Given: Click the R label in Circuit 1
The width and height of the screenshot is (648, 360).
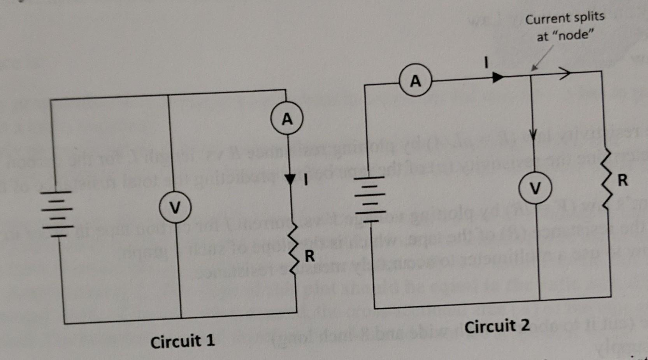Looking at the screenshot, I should (x=309, y=256).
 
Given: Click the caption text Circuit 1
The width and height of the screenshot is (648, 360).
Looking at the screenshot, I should (x=182, y=341).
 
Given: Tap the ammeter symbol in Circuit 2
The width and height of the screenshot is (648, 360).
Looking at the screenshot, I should (x=415, y=81).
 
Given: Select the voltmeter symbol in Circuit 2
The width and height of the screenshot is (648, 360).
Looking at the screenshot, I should (x=536, y=188).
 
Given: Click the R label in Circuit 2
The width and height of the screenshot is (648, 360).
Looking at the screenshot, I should (x=623, y=181).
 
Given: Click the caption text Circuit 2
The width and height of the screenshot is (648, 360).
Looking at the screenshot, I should (x=497, y=326).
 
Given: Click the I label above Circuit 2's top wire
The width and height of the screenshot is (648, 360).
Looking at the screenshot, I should (x=486, y=62).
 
